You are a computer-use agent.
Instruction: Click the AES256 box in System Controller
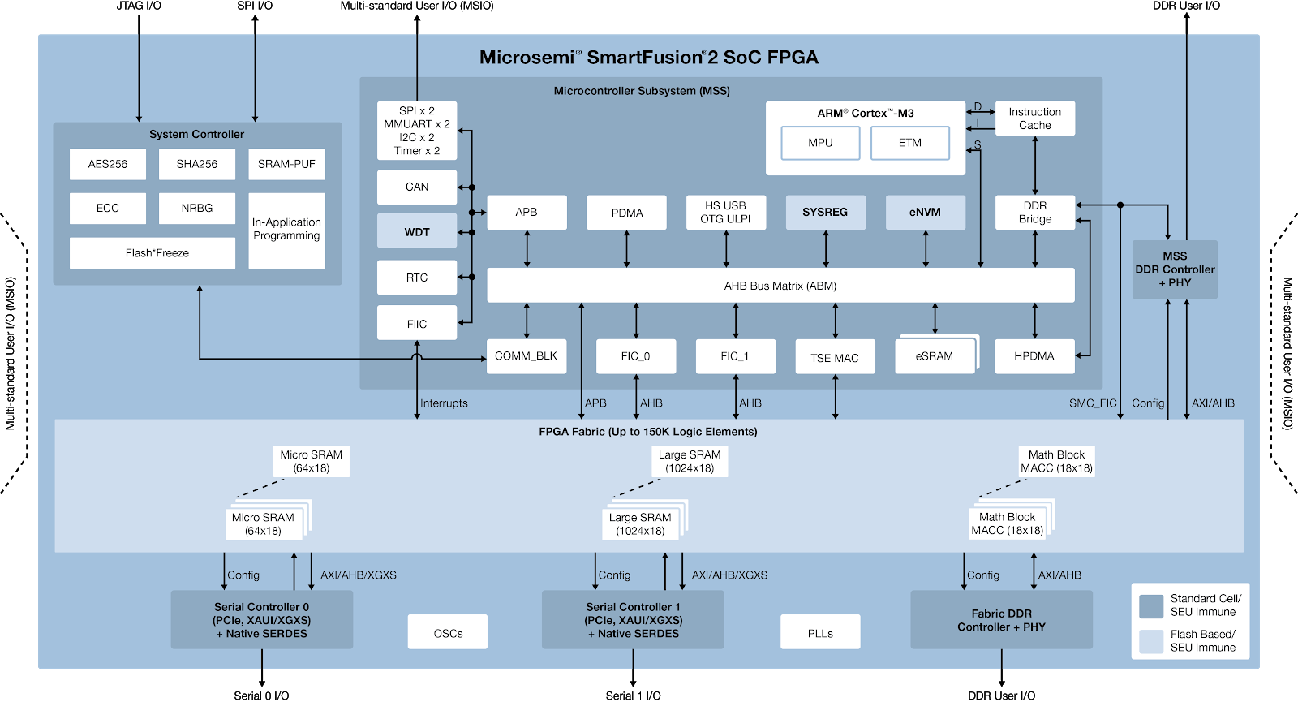click(x=108, y=164)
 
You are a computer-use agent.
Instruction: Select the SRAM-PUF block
click(x=286, y=164)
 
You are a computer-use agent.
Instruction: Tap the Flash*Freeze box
click(x=153, y=253)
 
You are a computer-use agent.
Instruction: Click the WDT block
click(x=417, y=231)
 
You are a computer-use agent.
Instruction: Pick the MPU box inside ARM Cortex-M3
click(x=820, y=143)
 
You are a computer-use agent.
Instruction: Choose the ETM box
click(x=909, y=143)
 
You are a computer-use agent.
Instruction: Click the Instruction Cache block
click(x=1034, y=118)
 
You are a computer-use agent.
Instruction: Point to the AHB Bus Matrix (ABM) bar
click(x=780, y=286)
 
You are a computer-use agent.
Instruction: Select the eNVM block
click(x=925, y=213)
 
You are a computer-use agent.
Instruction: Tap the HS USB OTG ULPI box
click(x=725, y=213)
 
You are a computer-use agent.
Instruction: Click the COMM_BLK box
click(x=526, y=356)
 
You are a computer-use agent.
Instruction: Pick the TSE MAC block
click(x=835, y=357)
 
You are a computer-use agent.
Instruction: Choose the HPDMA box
click(x=1034, y=356)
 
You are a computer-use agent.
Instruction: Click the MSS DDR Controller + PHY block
click(x=1175, y=269)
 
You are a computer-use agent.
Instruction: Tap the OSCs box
click(x=448, y=632)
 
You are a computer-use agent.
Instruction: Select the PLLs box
click(x=820, y=632)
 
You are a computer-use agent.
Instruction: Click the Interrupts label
click(x=444, y=403)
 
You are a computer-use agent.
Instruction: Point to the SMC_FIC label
click(x=1093, y=403)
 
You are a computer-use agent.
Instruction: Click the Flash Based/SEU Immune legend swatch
click(x=1151, y=641)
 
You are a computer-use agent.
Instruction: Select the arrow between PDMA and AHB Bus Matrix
click(x=627, y=249)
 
